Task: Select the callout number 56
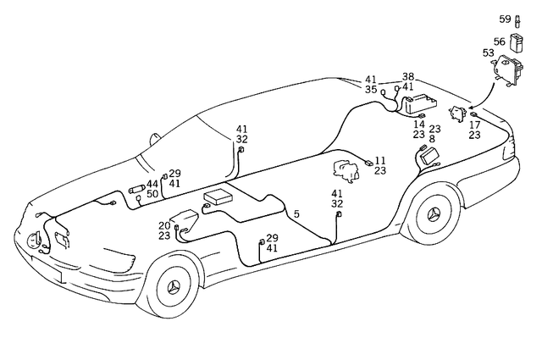coord(500,41)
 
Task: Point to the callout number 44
coord(152,184)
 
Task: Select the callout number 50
coord(152,195)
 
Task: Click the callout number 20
coord(163,225)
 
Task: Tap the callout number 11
coord(380,159)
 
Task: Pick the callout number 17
coord(474,125)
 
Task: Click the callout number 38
coord(408,76)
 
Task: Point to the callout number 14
coord(418,124)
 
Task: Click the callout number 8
coord(432,138)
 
